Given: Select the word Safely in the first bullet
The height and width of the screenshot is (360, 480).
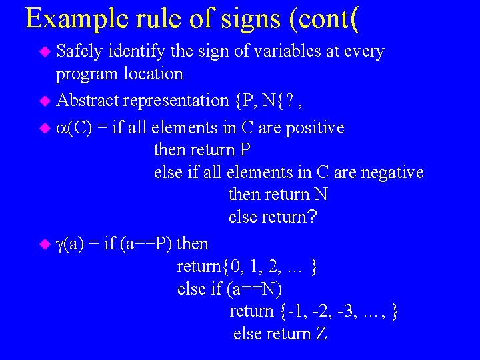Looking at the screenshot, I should tap(79, 51).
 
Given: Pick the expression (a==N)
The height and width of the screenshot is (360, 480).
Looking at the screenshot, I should tap(254, 289).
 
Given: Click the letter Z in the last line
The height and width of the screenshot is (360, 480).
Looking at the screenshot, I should tap(321, 334).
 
